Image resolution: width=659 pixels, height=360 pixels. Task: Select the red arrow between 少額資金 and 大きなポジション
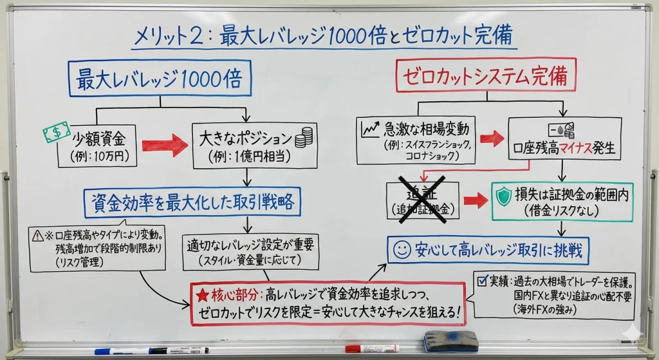(x=164, y=147)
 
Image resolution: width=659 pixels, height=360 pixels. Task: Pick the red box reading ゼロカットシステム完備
(x=486, y=77)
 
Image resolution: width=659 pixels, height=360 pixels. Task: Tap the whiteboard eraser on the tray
(x=450, y=341)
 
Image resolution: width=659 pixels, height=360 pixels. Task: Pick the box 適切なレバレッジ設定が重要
(x=250, y=251)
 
